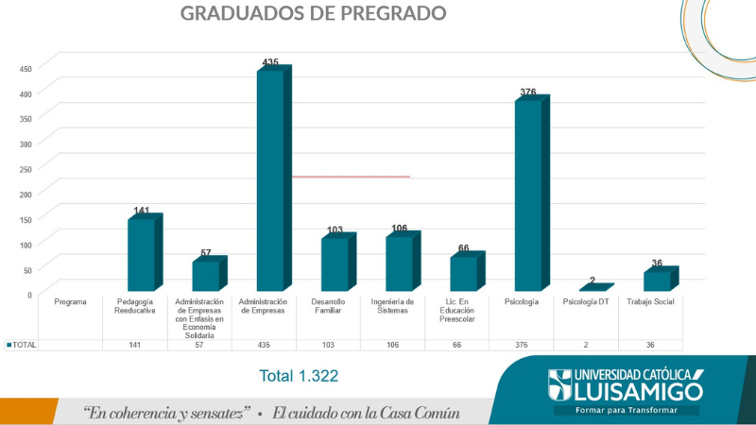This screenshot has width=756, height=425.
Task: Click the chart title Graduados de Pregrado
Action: tap(313, 13)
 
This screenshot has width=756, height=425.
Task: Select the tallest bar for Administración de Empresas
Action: tap(270, 179)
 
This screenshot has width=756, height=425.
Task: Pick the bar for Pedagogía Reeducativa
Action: tap(141, 254)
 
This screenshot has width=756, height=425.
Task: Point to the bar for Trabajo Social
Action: tap(657, 280)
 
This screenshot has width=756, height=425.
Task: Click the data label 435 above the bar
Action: tap(270, 62)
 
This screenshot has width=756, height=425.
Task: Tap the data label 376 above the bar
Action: tap(527, 93)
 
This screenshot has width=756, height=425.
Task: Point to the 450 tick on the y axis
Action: tap(25, 68)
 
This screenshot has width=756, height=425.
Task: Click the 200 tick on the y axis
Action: tap(25, 194)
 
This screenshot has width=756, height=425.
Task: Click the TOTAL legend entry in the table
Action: tap(23, 345)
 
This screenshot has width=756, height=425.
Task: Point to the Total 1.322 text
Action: tap(299, 376)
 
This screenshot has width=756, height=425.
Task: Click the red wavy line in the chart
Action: tap(351, 177)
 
